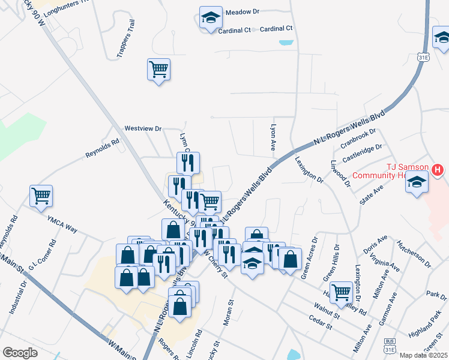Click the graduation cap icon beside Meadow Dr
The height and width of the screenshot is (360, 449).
(211, 17)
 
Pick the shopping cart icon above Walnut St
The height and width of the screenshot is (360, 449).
(341, 292)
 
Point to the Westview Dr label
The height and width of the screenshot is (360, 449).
(143, 128)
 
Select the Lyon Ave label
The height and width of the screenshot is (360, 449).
(274, 137)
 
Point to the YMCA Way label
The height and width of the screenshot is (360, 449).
(64, 224)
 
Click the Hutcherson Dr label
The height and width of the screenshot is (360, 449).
(414, 254)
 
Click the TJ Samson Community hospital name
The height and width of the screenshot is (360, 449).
(400, 171)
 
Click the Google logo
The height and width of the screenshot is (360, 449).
(20, 353)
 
